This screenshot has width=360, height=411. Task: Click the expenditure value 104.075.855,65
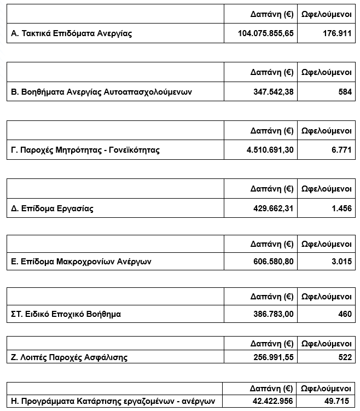coord(266,33)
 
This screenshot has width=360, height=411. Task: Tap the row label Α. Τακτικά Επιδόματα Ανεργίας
coord(72,33)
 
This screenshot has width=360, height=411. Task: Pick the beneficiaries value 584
coord(345,92)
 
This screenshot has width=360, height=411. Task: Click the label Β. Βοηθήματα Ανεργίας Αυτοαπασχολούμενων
coord(102,92)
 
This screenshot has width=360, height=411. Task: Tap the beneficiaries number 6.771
coord(341,150)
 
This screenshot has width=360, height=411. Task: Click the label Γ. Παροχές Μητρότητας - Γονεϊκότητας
coord(85,150)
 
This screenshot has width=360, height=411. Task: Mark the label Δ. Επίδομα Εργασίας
coord(53,209)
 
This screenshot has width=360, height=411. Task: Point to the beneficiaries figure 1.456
coord(341,209)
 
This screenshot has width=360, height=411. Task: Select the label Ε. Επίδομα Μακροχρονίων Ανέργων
coord(82,262)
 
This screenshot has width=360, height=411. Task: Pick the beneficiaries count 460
coord(345,314)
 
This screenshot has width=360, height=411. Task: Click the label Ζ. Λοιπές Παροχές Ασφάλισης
coord(69,357)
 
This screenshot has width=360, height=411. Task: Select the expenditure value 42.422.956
coord(271,401)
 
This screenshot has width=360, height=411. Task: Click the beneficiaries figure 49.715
coord(339,401)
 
